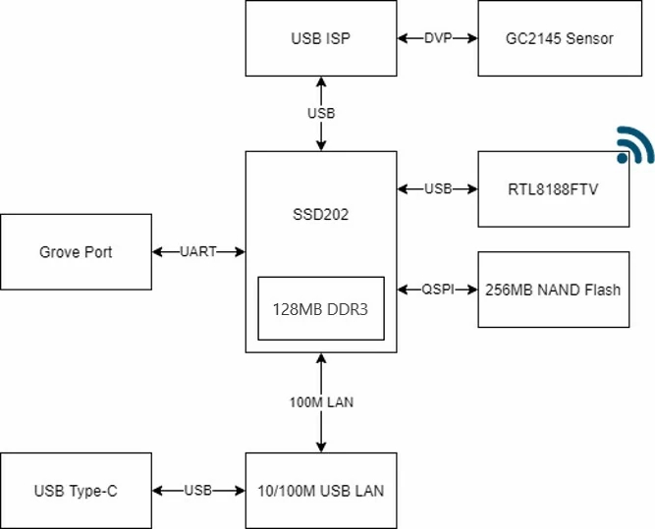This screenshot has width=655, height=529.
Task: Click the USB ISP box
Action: coord(320,39)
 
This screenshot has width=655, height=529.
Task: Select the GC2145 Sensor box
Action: coord(553,39)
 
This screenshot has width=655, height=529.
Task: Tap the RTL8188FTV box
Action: coord(553,189)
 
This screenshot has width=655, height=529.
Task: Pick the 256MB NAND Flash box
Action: coord(553,290)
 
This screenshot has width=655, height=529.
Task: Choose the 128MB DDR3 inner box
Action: coord(320,308)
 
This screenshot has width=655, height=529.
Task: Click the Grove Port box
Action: coord(76,252)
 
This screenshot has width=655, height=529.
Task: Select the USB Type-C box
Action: coord(76,491)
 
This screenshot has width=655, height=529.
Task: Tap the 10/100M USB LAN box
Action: coord(320,491)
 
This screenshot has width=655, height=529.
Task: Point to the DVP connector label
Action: coord(437,39)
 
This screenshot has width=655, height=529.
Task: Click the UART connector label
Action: coord(198,252)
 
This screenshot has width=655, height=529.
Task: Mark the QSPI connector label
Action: coord(438,290)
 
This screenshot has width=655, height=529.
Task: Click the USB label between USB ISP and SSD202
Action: coord(321,113)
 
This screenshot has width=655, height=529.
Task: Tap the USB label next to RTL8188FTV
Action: coord(438,189)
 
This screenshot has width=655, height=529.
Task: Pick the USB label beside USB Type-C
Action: coord(198,491)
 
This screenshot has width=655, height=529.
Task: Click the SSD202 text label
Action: coord(320,212)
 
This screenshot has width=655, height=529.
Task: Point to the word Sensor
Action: coord(588,39)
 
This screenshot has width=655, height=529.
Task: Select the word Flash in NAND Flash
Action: coord(601,290)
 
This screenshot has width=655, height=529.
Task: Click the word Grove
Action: coord(58,252)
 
